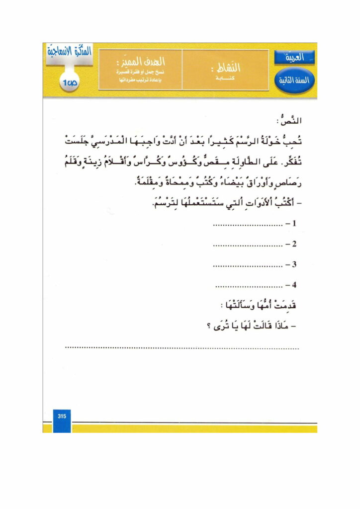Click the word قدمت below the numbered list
pyautogui.click(x=287, y=307)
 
